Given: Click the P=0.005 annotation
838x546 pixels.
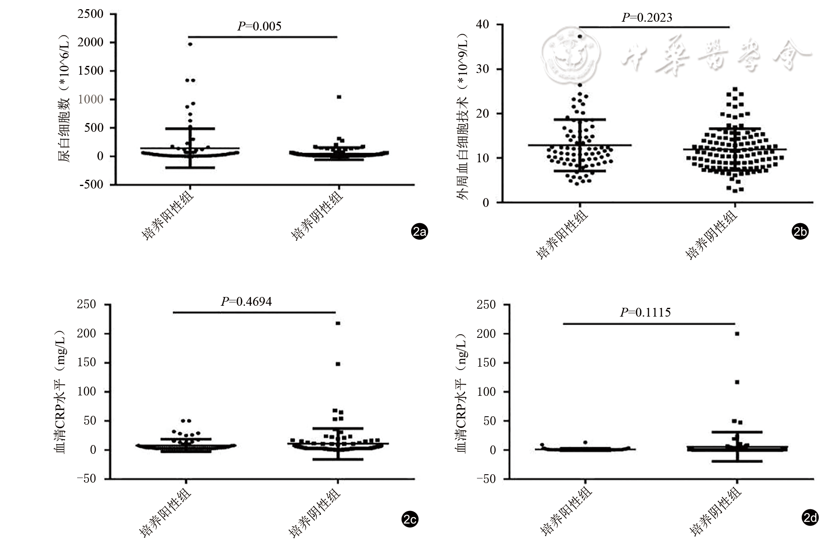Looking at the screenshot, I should (259, 26).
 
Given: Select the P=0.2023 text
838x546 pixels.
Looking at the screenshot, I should (647, 18).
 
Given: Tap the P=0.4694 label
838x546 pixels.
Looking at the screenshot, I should (246, 302).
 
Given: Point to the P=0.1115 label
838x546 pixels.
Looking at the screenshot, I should (645, 312).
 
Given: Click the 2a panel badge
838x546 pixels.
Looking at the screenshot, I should (419, 231).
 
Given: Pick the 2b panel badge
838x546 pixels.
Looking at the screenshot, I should (800, 231).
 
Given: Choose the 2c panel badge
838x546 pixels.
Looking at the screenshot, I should (410, 519).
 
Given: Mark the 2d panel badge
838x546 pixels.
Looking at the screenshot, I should (810, 518).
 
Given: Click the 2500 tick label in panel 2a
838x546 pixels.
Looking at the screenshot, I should (91, 14).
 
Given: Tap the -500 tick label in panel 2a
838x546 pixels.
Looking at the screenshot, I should (91, 184).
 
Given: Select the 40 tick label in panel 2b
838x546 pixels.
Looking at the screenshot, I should (482, 25).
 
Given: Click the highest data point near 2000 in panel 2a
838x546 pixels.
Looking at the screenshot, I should (190, 44).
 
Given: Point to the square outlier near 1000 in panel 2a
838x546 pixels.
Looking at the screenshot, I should (339, 97).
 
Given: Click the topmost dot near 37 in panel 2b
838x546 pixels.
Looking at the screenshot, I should (580, 36).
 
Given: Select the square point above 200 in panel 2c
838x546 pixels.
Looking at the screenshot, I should (338, 323).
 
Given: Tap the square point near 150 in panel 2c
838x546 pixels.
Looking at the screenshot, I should (338, 364).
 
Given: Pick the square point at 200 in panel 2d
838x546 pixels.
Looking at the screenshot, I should (737, 334).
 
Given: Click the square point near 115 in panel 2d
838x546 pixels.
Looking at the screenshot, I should (737, 382).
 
